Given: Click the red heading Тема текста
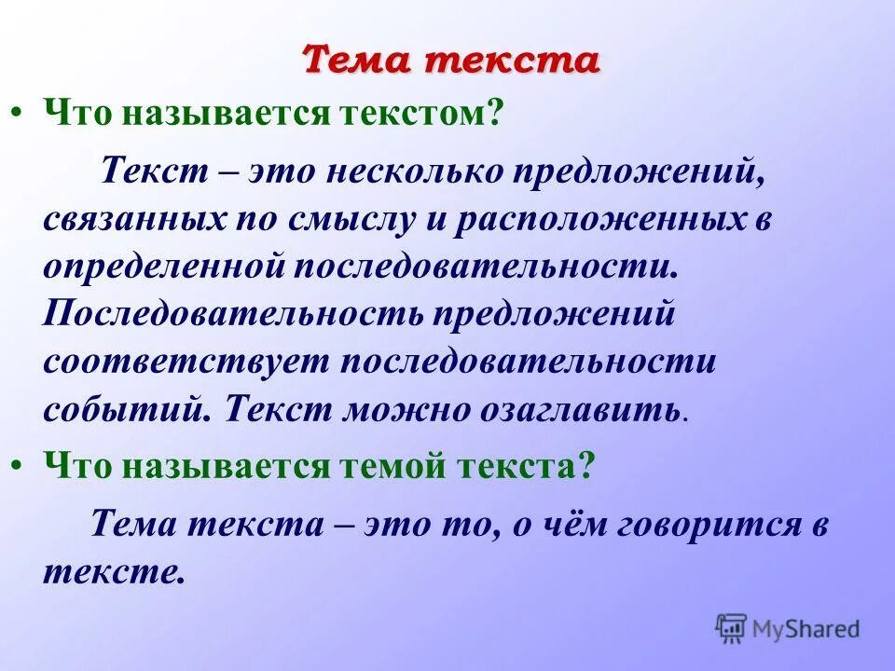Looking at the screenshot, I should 450,62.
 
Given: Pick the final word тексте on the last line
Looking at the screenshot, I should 109,571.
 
